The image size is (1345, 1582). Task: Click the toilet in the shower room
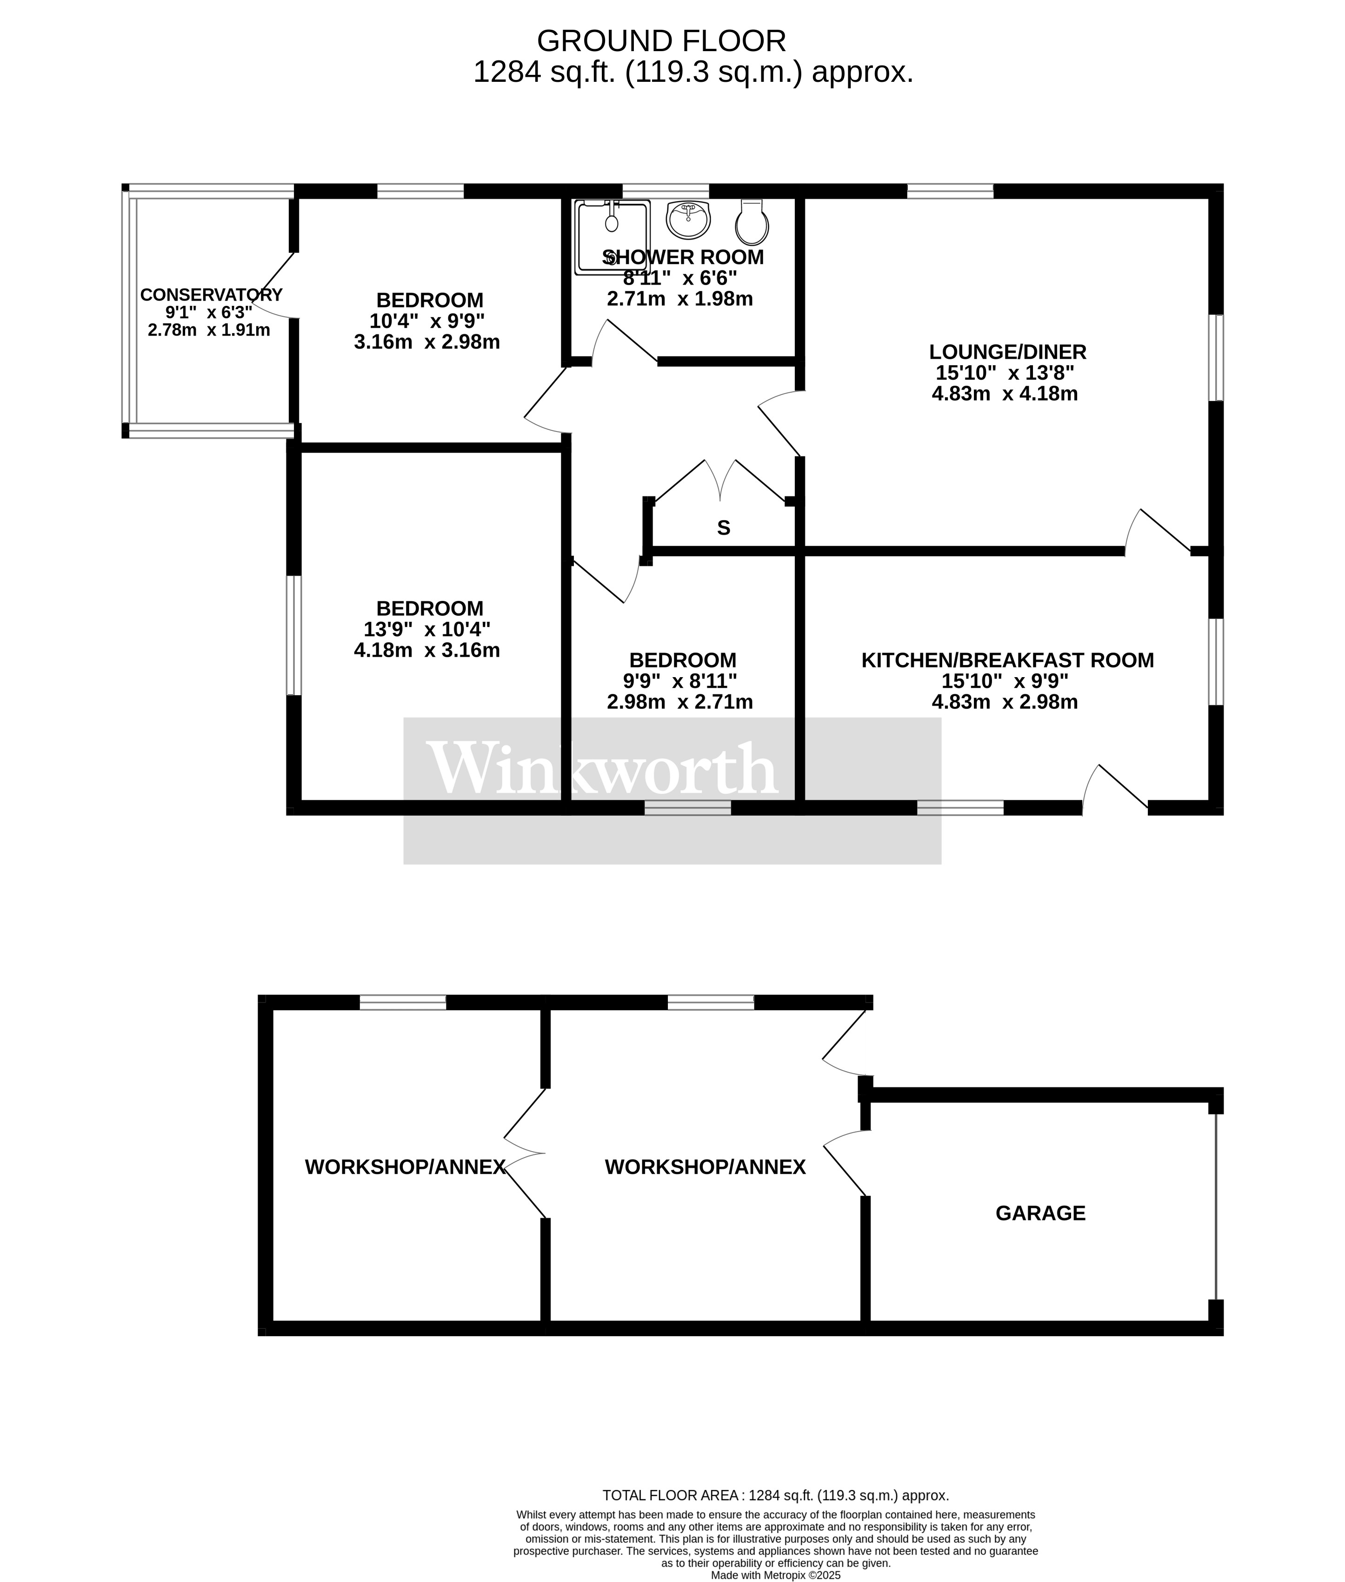click(x=752, y=222)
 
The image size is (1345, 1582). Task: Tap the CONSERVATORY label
click(x=211, y=294)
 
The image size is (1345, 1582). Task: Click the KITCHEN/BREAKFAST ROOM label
click(x=1007, y=660)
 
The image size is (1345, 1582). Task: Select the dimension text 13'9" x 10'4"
click(x=427, y=629)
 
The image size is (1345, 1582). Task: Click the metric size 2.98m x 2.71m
click(x=679, y=702)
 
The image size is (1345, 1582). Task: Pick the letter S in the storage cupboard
click(x=724, y=527)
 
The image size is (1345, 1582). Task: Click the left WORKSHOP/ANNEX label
click(x=405, y=1167)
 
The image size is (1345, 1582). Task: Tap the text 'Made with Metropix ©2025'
click(x=775, y=1575)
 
